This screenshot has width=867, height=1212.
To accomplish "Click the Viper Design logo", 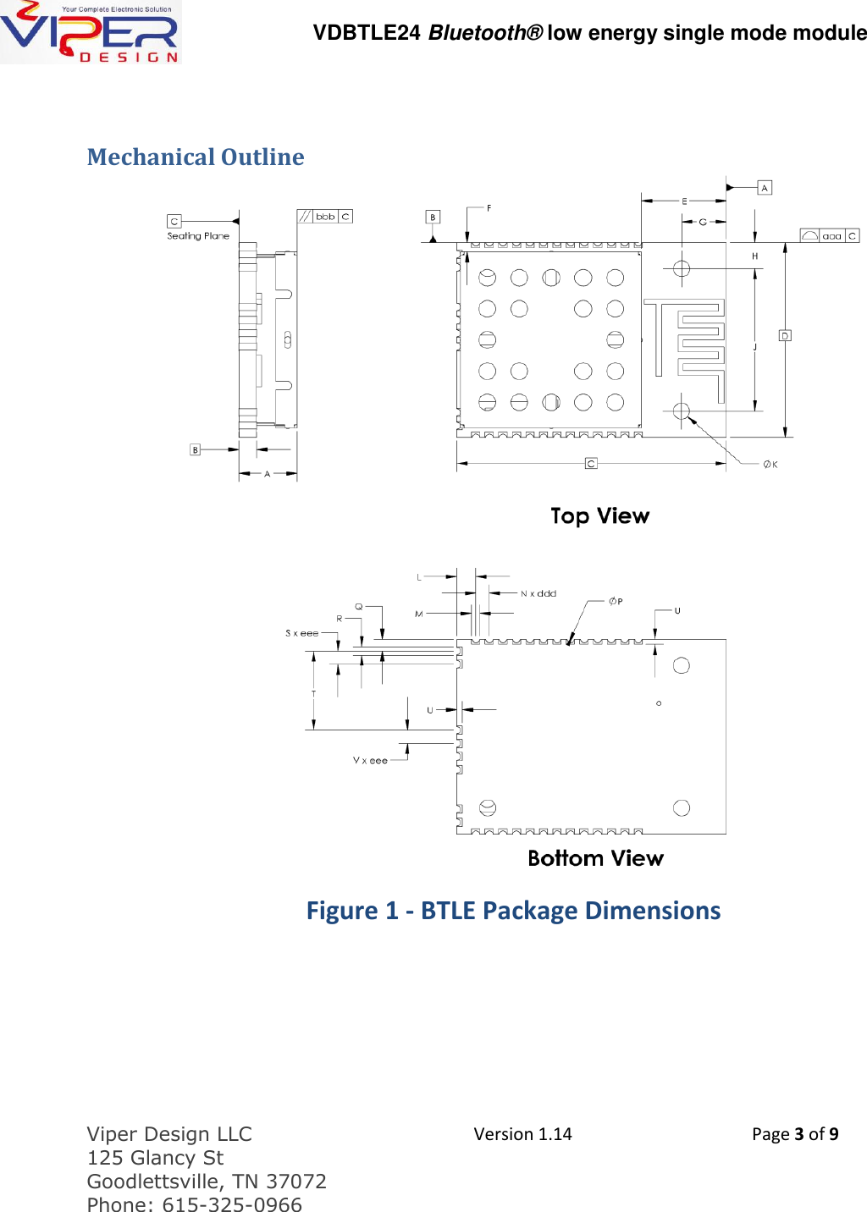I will point(90,32).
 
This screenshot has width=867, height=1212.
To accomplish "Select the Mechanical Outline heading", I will point(196,157).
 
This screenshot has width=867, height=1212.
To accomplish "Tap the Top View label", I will point(599,516).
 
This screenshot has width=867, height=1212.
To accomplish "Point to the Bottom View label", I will point(595,858).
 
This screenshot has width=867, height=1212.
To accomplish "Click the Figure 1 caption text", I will point(513,911).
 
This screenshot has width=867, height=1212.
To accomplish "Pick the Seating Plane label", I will point(198,236).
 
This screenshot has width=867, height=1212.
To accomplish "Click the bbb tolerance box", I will point(325,217).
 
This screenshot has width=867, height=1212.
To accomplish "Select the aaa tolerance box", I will point(831,236).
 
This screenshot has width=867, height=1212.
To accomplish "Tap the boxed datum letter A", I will point(765,188).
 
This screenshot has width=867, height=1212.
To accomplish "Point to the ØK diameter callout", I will point(770,465).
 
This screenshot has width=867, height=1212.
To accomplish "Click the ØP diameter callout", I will point(616,602).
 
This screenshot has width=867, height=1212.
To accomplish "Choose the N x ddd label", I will point(538,593).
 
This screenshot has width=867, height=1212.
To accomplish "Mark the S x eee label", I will point(302,633).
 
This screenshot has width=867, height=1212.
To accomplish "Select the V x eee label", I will point(370,761).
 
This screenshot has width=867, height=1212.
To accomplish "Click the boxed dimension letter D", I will point(785,336).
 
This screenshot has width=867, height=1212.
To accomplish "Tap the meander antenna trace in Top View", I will point(699,347).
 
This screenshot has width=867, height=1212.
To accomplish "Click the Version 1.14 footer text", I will point(522,1134).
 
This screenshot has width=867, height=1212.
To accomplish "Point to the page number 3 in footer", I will point(798,1134).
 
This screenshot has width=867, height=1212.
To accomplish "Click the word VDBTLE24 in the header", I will point(367,33).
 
